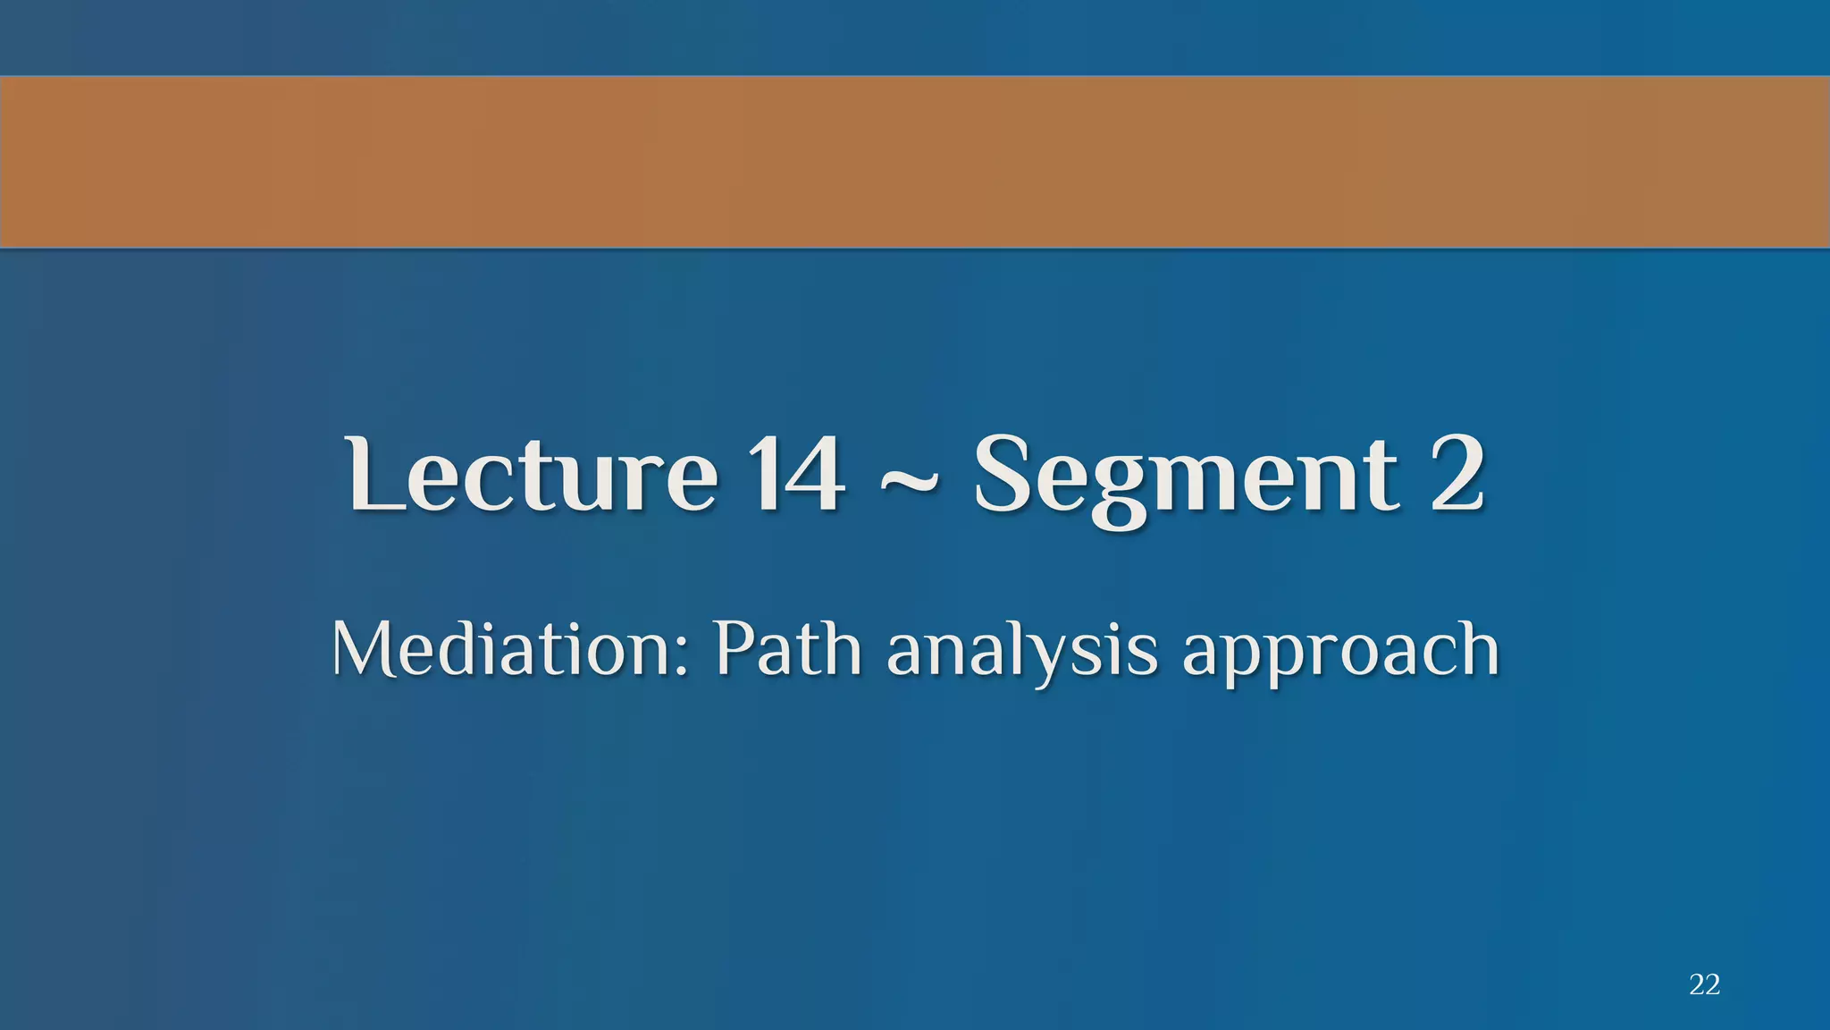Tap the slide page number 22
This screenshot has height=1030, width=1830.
pyautogui.click(x=1705, y=984)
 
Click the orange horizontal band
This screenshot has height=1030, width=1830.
pyautogui.click(x=915, y=162)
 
